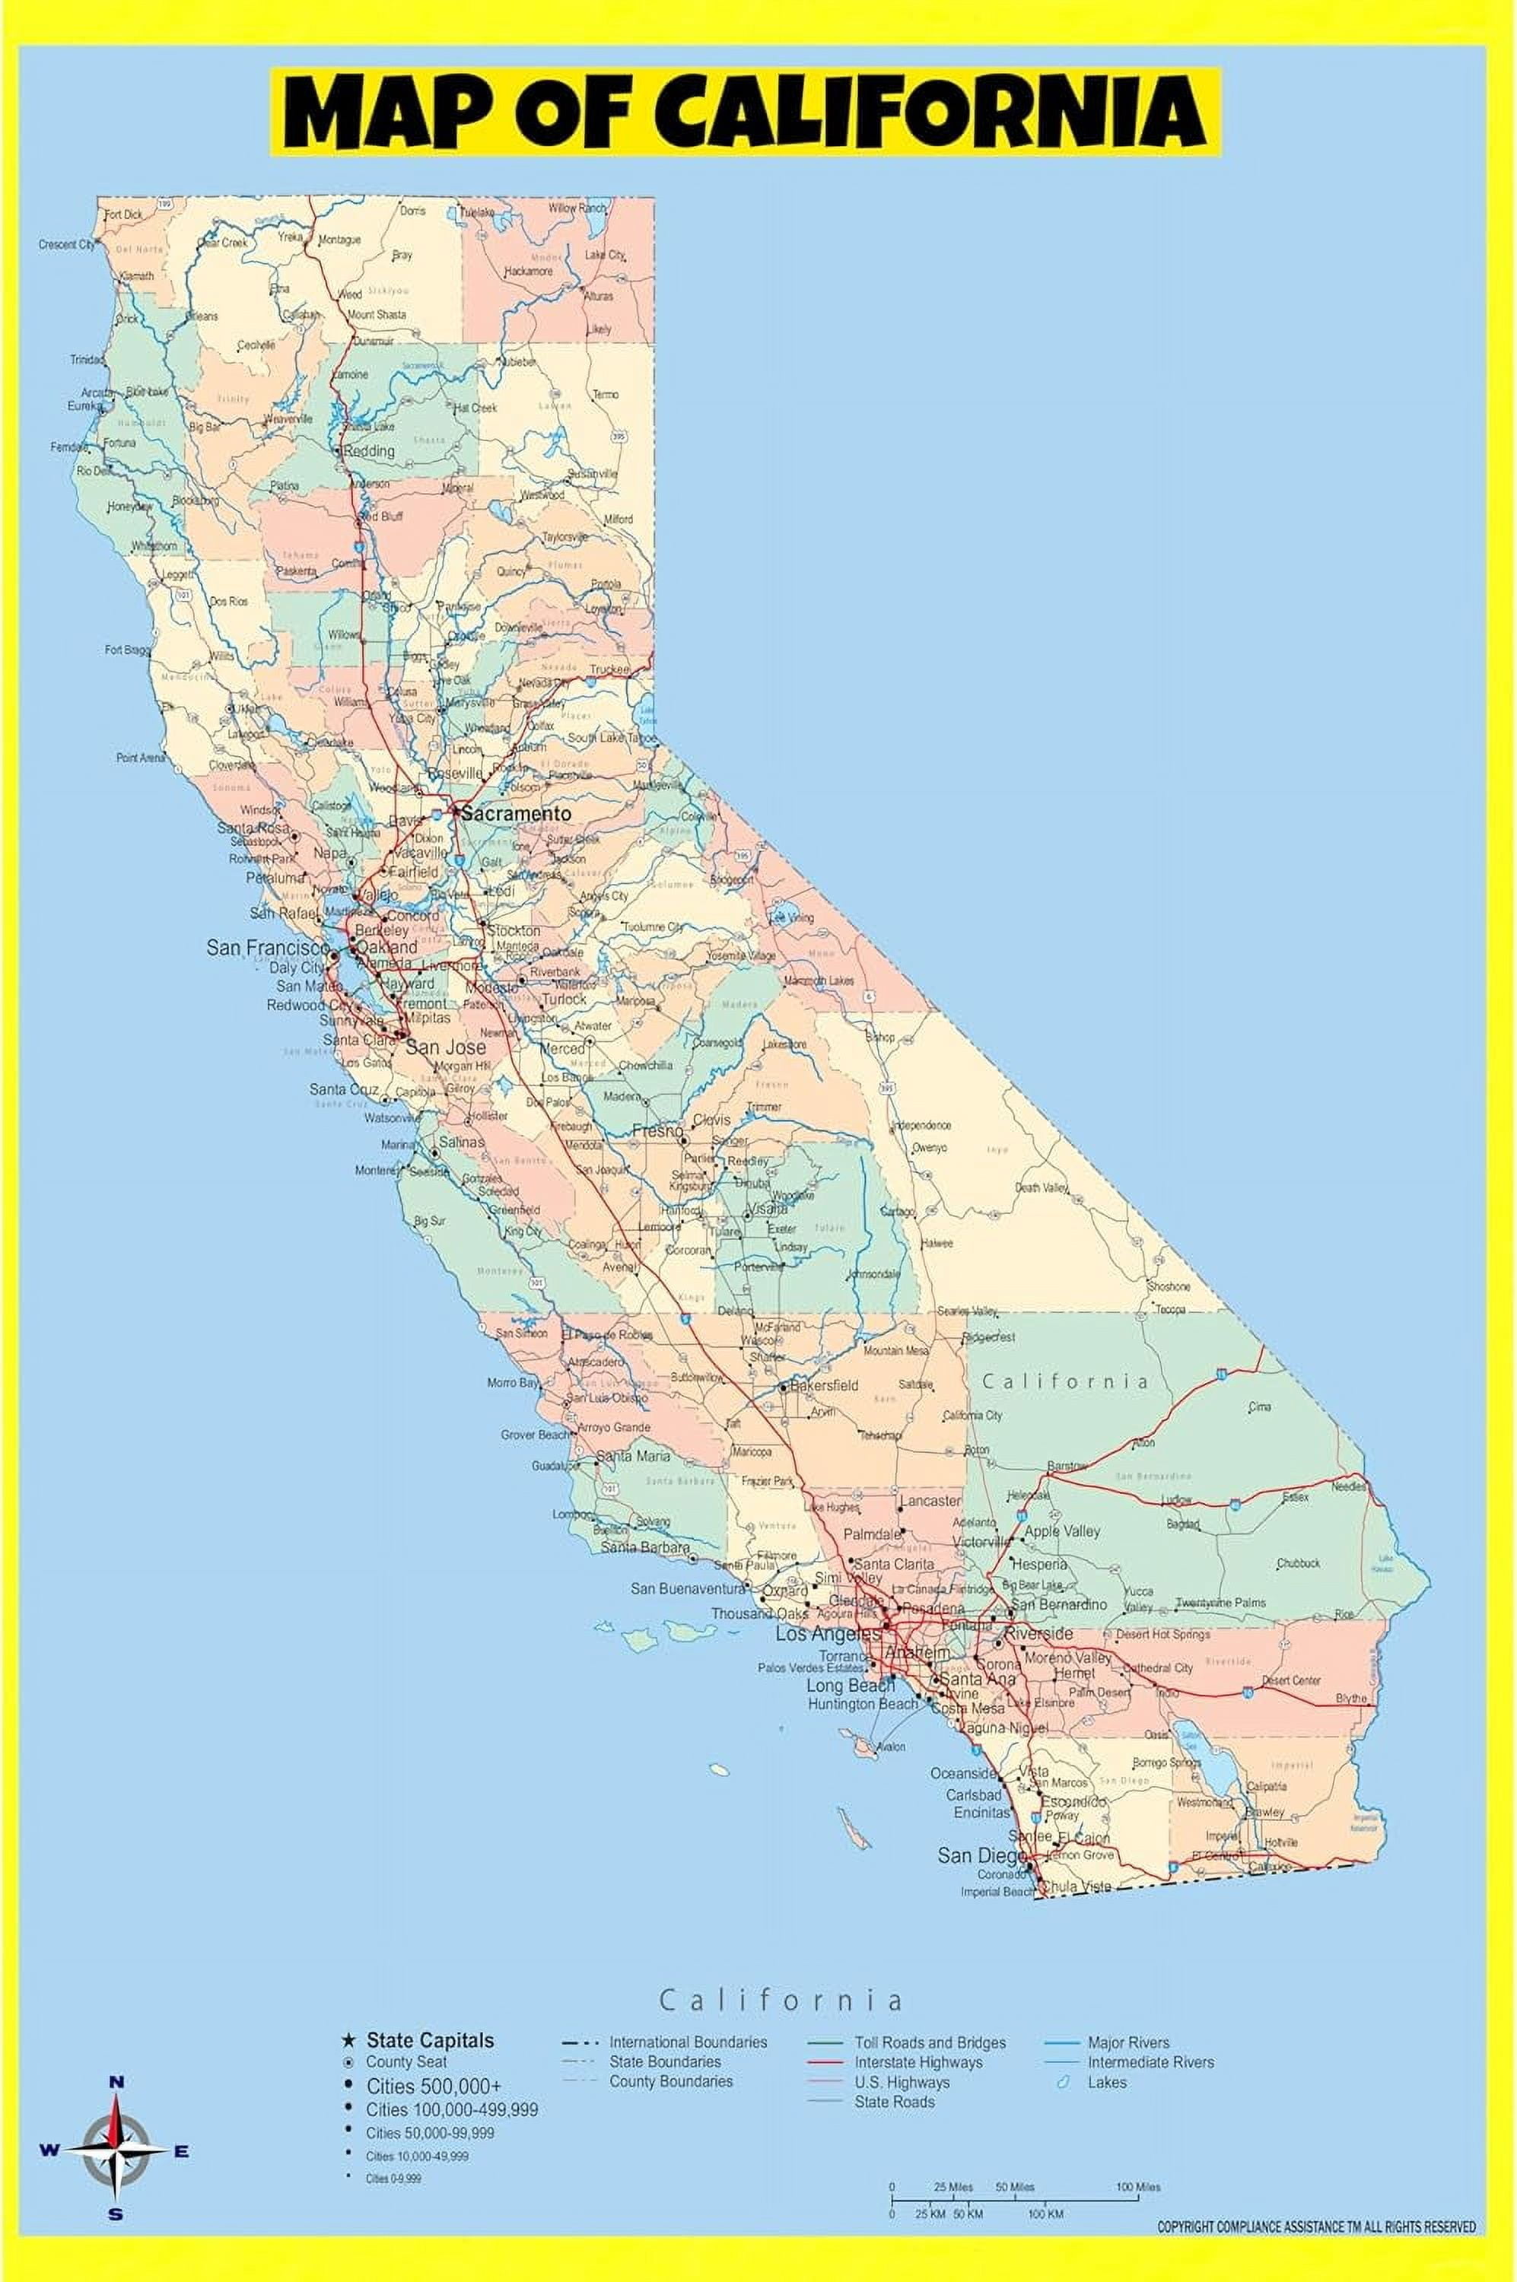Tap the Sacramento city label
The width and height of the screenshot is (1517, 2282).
pyautogui.click(x=515, y=814)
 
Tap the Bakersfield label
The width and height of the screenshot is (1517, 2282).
pyautogui.click(x=823, y=1384)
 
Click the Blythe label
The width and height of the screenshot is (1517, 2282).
pyautogui.click(x=1352, y=1698)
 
